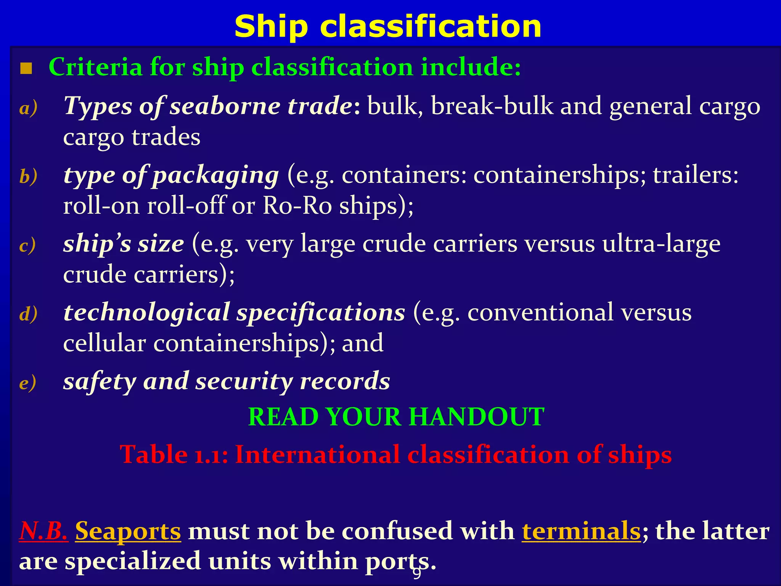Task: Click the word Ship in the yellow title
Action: tap(271, 27)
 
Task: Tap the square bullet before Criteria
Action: tap(26, 69)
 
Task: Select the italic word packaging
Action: tap(216, 175)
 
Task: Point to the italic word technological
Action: tap(146, 313)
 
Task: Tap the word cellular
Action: tap(104, 343)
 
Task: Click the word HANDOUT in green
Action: tap(477, 417)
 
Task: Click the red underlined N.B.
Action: tap(43, 531)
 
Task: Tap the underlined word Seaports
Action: tap(128, 531)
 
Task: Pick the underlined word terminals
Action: tap(581, 531)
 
